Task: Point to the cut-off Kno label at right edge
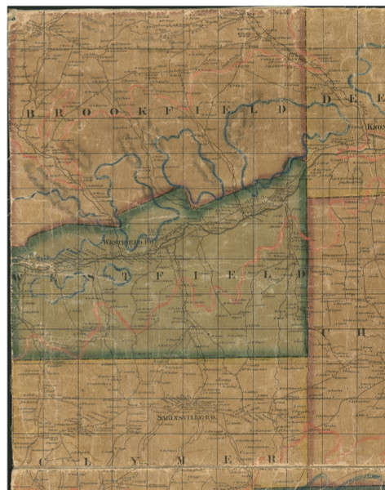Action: (374, 127)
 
